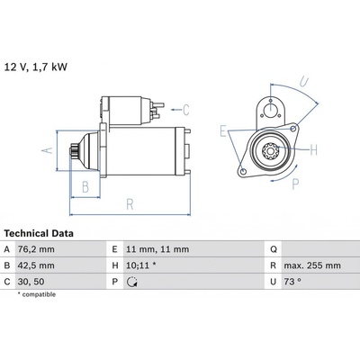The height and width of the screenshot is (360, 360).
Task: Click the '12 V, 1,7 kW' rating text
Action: [36, 67]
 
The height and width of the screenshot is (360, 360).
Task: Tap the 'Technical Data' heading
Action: [39, 233]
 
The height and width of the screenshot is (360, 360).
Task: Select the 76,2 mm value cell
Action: [36, 249]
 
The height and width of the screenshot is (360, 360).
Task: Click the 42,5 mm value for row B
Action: [36, 265]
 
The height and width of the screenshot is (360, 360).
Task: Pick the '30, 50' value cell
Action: [31, 282]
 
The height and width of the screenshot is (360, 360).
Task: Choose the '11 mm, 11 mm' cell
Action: [157, 249]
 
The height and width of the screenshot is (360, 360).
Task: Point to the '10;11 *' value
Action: [141, 265]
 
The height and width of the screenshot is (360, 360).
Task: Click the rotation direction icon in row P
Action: [132, 282]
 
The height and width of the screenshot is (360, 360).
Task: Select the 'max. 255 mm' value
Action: [312, 265]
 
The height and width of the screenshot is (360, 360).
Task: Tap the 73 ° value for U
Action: [292, 282]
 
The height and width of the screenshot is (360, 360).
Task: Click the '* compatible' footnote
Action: [37, 294]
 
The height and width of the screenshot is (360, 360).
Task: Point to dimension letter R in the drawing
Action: [130, 204]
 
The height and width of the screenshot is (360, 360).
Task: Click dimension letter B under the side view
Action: [85, 187]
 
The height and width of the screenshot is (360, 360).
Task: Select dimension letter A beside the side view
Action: [47, 150]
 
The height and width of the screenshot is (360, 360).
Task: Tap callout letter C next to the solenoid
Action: [186, 110]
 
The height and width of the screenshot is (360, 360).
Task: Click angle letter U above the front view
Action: [304, 81]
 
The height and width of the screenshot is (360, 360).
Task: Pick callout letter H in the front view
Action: [313, 149]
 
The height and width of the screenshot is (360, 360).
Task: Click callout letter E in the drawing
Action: [223, 131]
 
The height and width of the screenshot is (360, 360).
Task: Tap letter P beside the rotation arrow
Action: [295, 184]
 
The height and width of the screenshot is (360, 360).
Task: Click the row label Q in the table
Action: [274, 249]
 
